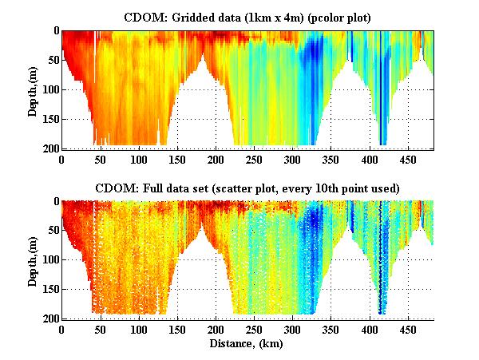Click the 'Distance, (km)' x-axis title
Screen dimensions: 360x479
point(247,343)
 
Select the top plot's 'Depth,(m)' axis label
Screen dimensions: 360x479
point(33,89)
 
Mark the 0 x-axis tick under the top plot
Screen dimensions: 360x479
point(62,159)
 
